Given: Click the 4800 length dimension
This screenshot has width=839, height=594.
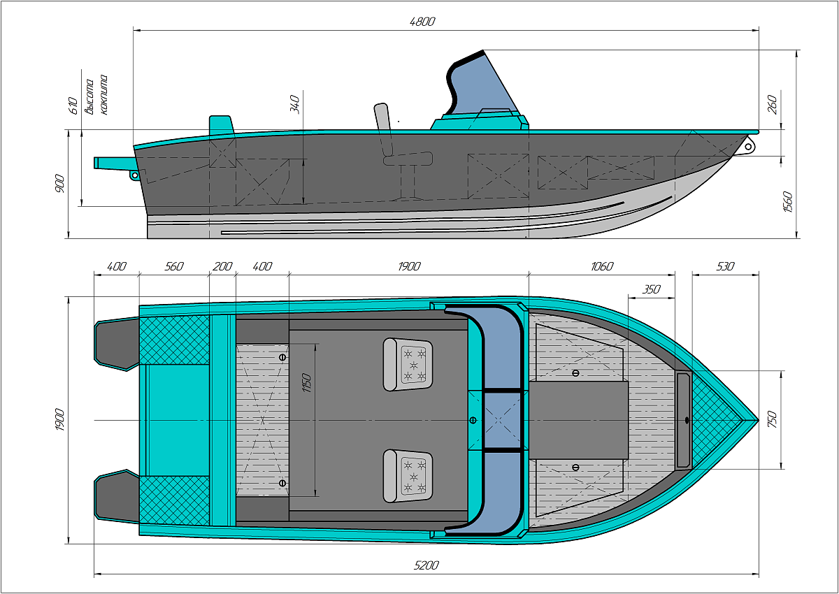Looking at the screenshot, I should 422,22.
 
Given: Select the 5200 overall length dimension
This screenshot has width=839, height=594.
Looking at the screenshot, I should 426,565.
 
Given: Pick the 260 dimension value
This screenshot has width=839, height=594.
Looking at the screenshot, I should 772,105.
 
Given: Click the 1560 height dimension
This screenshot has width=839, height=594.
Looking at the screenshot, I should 788,202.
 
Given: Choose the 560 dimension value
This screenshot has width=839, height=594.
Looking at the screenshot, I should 173,266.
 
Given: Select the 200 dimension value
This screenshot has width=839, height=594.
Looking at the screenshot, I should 222,266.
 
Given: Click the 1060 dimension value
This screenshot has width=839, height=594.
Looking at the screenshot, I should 601,266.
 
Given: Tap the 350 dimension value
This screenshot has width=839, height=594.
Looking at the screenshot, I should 652,288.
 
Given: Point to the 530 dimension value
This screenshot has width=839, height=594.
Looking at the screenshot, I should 726,266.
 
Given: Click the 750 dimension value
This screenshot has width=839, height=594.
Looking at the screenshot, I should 772,419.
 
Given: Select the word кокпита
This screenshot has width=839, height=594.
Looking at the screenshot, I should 103,94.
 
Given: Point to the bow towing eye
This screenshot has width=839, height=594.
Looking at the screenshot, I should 749,146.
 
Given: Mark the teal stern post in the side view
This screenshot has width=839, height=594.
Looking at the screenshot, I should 220,124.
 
